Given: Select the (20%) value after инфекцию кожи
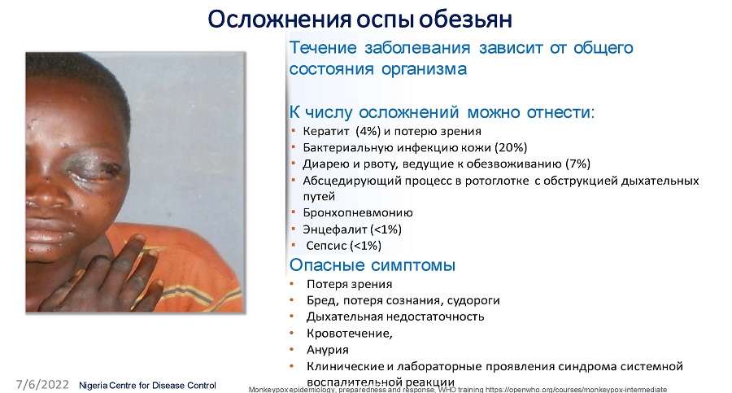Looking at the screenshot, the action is (511, 147).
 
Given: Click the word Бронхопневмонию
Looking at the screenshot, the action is (358, 212).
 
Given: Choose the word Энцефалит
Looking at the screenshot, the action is (335, 229).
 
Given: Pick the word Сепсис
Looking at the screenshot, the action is (326, 246).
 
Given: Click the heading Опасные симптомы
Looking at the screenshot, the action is (372, 265).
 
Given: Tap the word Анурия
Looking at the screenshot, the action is (327, 350).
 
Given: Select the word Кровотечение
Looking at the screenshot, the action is (348, 333).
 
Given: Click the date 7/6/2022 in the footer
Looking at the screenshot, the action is (42, 385).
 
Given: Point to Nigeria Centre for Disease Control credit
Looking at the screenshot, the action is (147, 386).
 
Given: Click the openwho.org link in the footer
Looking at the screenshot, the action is (576, 389).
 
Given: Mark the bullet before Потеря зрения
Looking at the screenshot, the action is (292, 284).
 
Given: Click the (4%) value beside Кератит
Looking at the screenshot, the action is (368, 131).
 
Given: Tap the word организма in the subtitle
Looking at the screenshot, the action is (424, 69).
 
